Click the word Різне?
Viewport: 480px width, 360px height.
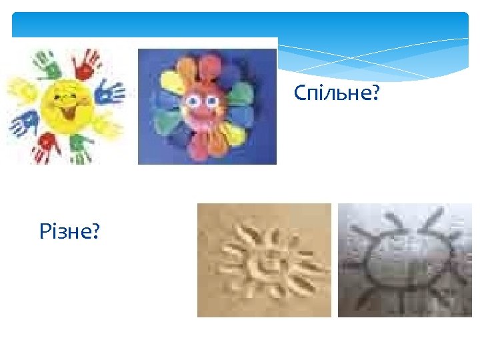[70, 232]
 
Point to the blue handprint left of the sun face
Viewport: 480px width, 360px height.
[24, 123]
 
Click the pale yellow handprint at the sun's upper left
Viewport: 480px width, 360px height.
[22, 89]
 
